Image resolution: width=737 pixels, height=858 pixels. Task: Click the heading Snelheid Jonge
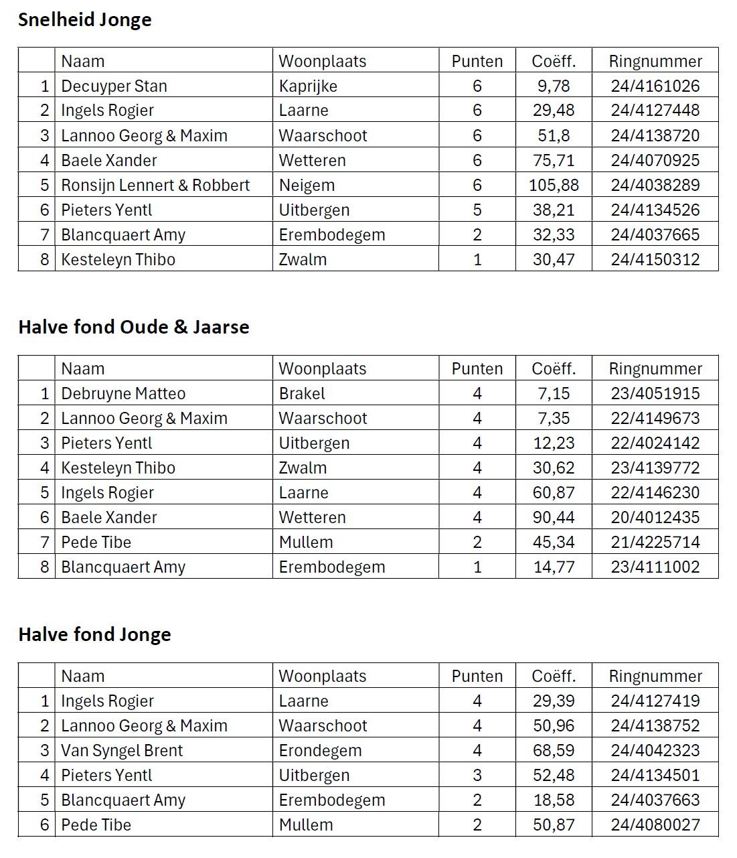(84, 20)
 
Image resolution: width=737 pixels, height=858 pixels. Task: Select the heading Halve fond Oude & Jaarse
(133, 328)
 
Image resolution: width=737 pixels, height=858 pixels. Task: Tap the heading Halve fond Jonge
(94, 635)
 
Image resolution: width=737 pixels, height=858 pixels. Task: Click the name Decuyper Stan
(114, 86)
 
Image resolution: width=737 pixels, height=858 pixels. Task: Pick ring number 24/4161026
(655, 86)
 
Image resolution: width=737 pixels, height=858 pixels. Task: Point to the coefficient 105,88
(554, 186)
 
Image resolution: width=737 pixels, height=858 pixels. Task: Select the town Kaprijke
(308, 86)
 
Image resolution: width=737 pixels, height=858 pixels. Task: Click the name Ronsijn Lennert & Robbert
(155, 186)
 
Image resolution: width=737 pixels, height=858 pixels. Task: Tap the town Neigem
(307, 186)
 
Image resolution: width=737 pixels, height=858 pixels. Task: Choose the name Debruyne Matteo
(123, 394)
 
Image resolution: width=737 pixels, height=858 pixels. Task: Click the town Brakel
(302, 394)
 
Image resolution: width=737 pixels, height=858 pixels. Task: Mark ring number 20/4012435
(655, 518)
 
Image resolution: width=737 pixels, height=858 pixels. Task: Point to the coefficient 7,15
(554, 394)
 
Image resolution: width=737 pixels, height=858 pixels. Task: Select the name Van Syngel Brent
(122, 751)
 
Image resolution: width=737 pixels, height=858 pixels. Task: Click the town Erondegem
(320, 751)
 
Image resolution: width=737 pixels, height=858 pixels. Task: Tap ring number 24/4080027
(655, 825)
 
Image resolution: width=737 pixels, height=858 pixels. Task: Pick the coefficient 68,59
(554, 751)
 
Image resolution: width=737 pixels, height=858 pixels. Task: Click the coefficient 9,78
(554, 86)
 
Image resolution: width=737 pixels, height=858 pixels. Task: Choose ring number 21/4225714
(655, 543)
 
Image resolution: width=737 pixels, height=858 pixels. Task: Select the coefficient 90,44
(554, 518)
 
